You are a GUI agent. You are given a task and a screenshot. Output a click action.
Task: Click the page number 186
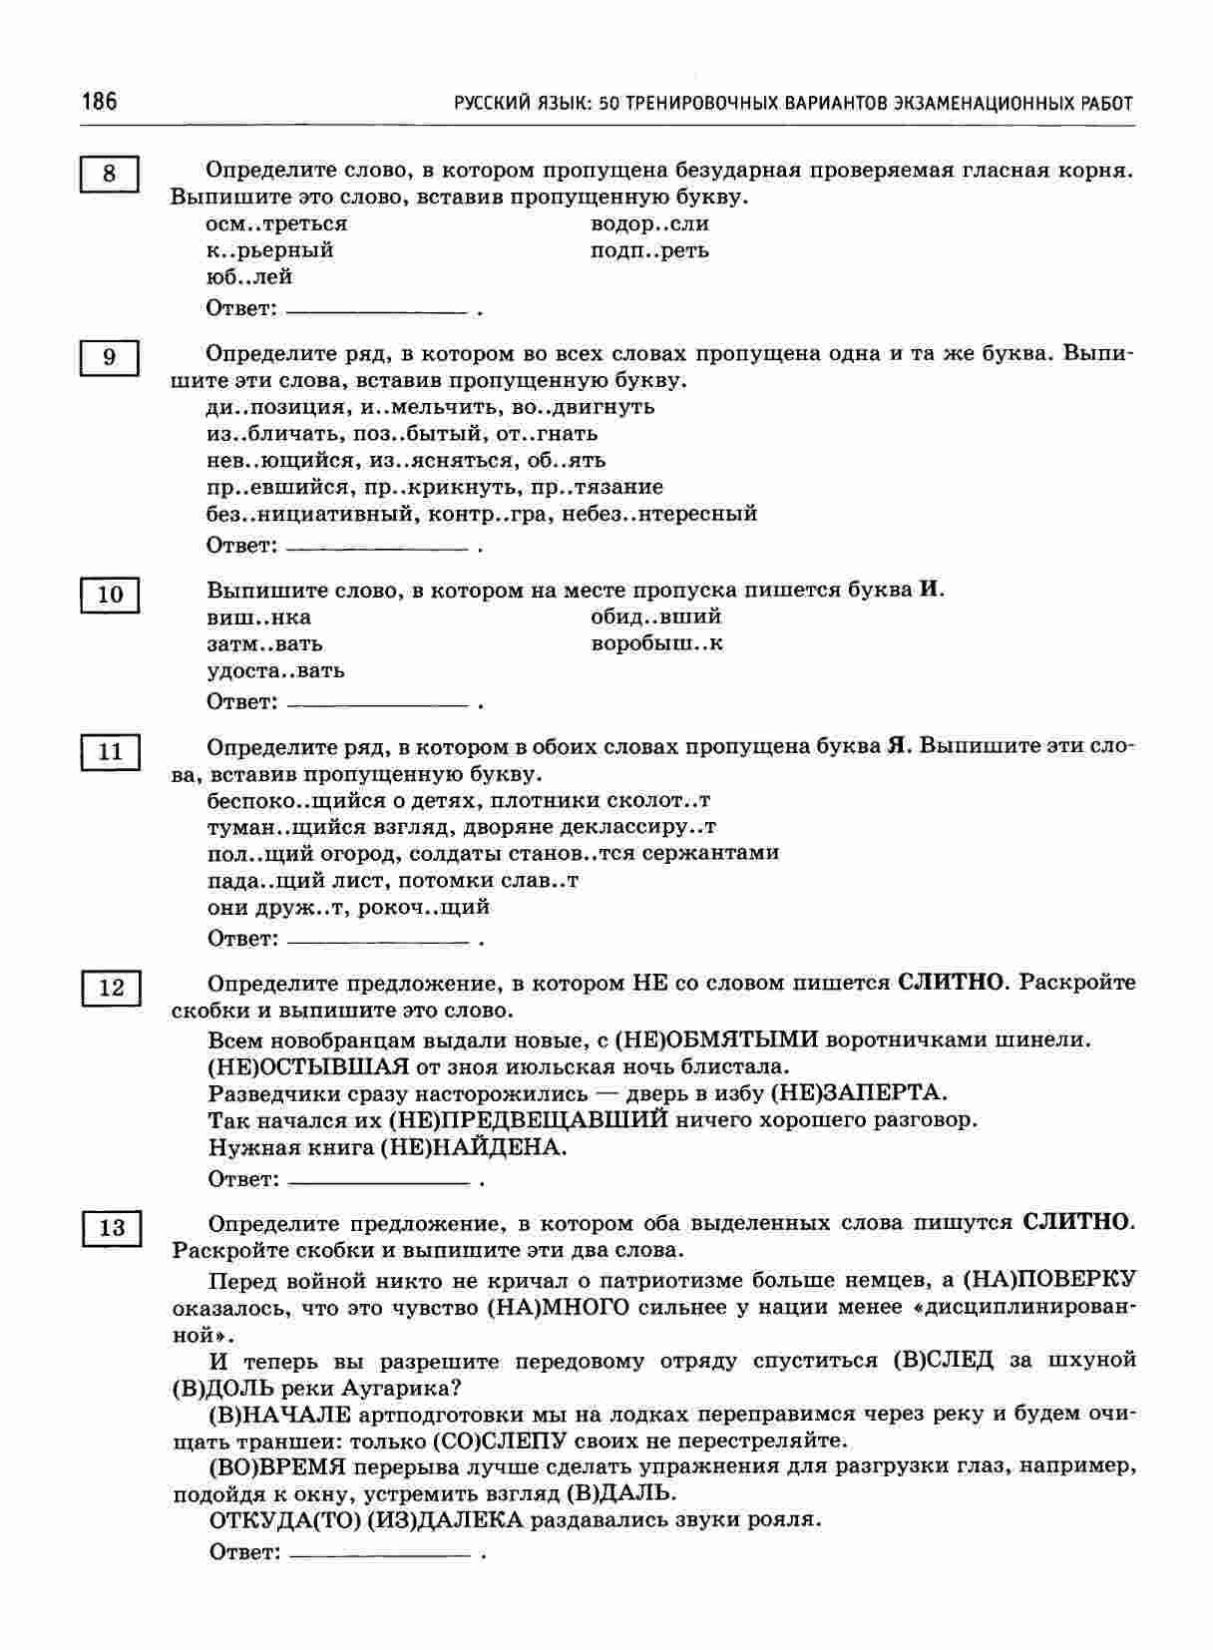[x=99, y=102]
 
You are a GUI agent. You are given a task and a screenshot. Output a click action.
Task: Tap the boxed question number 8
[x=109, y=175]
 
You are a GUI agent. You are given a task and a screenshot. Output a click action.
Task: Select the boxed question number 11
[x=109, y=752]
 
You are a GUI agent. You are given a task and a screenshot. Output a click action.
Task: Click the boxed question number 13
[x=111, y=1228]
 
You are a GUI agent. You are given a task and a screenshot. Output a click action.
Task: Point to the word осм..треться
[x=276, y=223]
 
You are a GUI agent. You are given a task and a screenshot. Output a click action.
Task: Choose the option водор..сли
[x=649, y=223]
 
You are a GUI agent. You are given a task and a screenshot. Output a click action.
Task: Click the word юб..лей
[x=248, y=277]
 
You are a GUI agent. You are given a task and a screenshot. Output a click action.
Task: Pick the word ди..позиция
[x=263, y=407]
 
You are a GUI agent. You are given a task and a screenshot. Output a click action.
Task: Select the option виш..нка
[x=258, y=618]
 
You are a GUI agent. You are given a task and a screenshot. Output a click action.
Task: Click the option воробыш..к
[x=656, y=643]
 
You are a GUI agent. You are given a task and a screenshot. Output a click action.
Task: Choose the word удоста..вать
[x=275, y=670]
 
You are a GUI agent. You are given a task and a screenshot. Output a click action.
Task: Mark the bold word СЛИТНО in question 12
[x=951, y=983]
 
